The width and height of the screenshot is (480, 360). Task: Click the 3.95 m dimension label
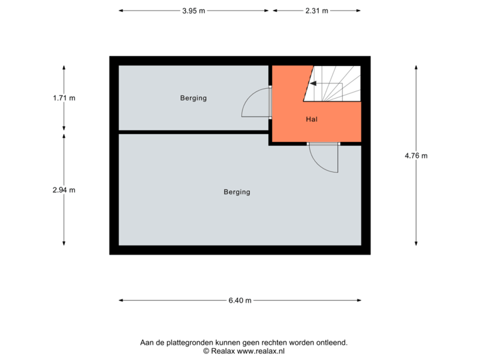point(193,11)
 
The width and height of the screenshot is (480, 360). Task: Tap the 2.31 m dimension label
point(317,11)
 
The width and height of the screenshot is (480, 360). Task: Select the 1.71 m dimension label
point(64,98)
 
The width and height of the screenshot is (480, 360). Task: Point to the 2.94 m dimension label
point(64,190)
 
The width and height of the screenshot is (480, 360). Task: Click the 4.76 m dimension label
point(416,156)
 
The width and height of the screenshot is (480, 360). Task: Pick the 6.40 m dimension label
point(240,301)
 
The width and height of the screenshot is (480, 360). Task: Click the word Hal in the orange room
point(311,120)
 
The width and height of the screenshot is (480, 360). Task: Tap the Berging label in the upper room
point(193,98)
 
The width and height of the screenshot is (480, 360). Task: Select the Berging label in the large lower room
point(237,192)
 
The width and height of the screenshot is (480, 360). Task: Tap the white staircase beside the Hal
point(337,83)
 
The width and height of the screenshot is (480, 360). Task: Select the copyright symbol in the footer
point(207,351)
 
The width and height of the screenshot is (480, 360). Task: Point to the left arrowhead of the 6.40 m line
point(121,301)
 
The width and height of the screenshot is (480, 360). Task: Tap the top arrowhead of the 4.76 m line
point(416,67)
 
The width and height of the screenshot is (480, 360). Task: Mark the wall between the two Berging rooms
point(193,132)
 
